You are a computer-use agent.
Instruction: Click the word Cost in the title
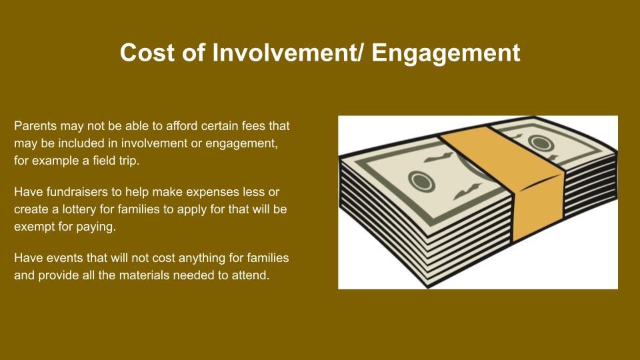click(147, 53)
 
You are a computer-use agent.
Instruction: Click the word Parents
click(35, 126)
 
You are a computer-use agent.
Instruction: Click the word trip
click(129, 161)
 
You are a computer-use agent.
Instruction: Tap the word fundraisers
click(77, 192)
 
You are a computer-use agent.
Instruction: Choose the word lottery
click(79, 210)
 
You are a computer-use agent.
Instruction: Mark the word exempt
click(34, 227)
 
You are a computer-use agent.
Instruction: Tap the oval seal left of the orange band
click(421, 181)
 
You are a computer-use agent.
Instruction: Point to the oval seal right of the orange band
click(541, 143)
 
